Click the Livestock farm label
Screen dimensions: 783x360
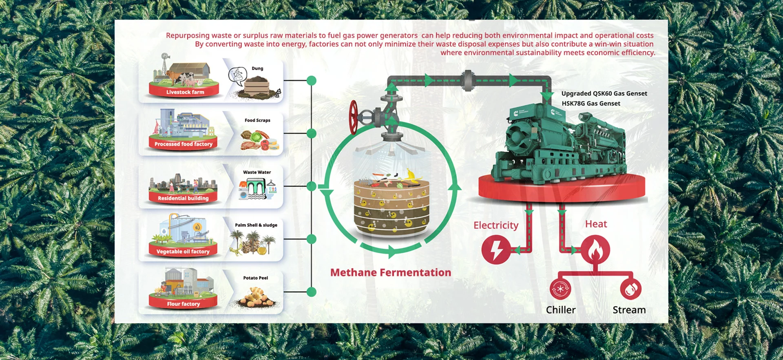[x=185, y=92]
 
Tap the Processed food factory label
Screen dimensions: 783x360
[x=184, y=144]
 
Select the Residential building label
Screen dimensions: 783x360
[x=183, y=198]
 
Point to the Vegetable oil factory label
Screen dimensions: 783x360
[x=183, y=252]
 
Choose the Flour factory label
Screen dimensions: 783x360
[x=184, y=304]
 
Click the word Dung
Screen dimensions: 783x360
[x=257, y=68]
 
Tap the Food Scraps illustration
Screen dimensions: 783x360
[x=259, y=140]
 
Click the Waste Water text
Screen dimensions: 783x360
[x=257, y=172]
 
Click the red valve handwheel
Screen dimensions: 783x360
[x=354, y=118]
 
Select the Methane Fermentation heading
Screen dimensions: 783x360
[x=391, y=272]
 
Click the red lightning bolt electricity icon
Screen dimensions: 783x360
[x=496, y=250]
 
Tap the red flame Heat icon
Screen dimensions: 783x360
[x=595, y=250]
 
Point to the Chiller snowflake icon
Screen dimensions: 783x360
[x=560, y=289]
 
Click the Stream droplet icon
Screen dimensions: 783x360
[x=630, y=289]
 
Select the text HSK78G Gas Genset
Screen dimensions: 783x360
[x=591, y=104]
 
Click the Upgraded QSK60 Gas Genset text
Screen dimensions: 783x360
[x=604, y=93]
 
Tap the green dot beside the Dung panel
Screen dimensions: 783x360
[x=312, y=80]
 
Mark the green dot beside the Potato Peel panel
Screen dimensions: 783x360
[x=312, y=292]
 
